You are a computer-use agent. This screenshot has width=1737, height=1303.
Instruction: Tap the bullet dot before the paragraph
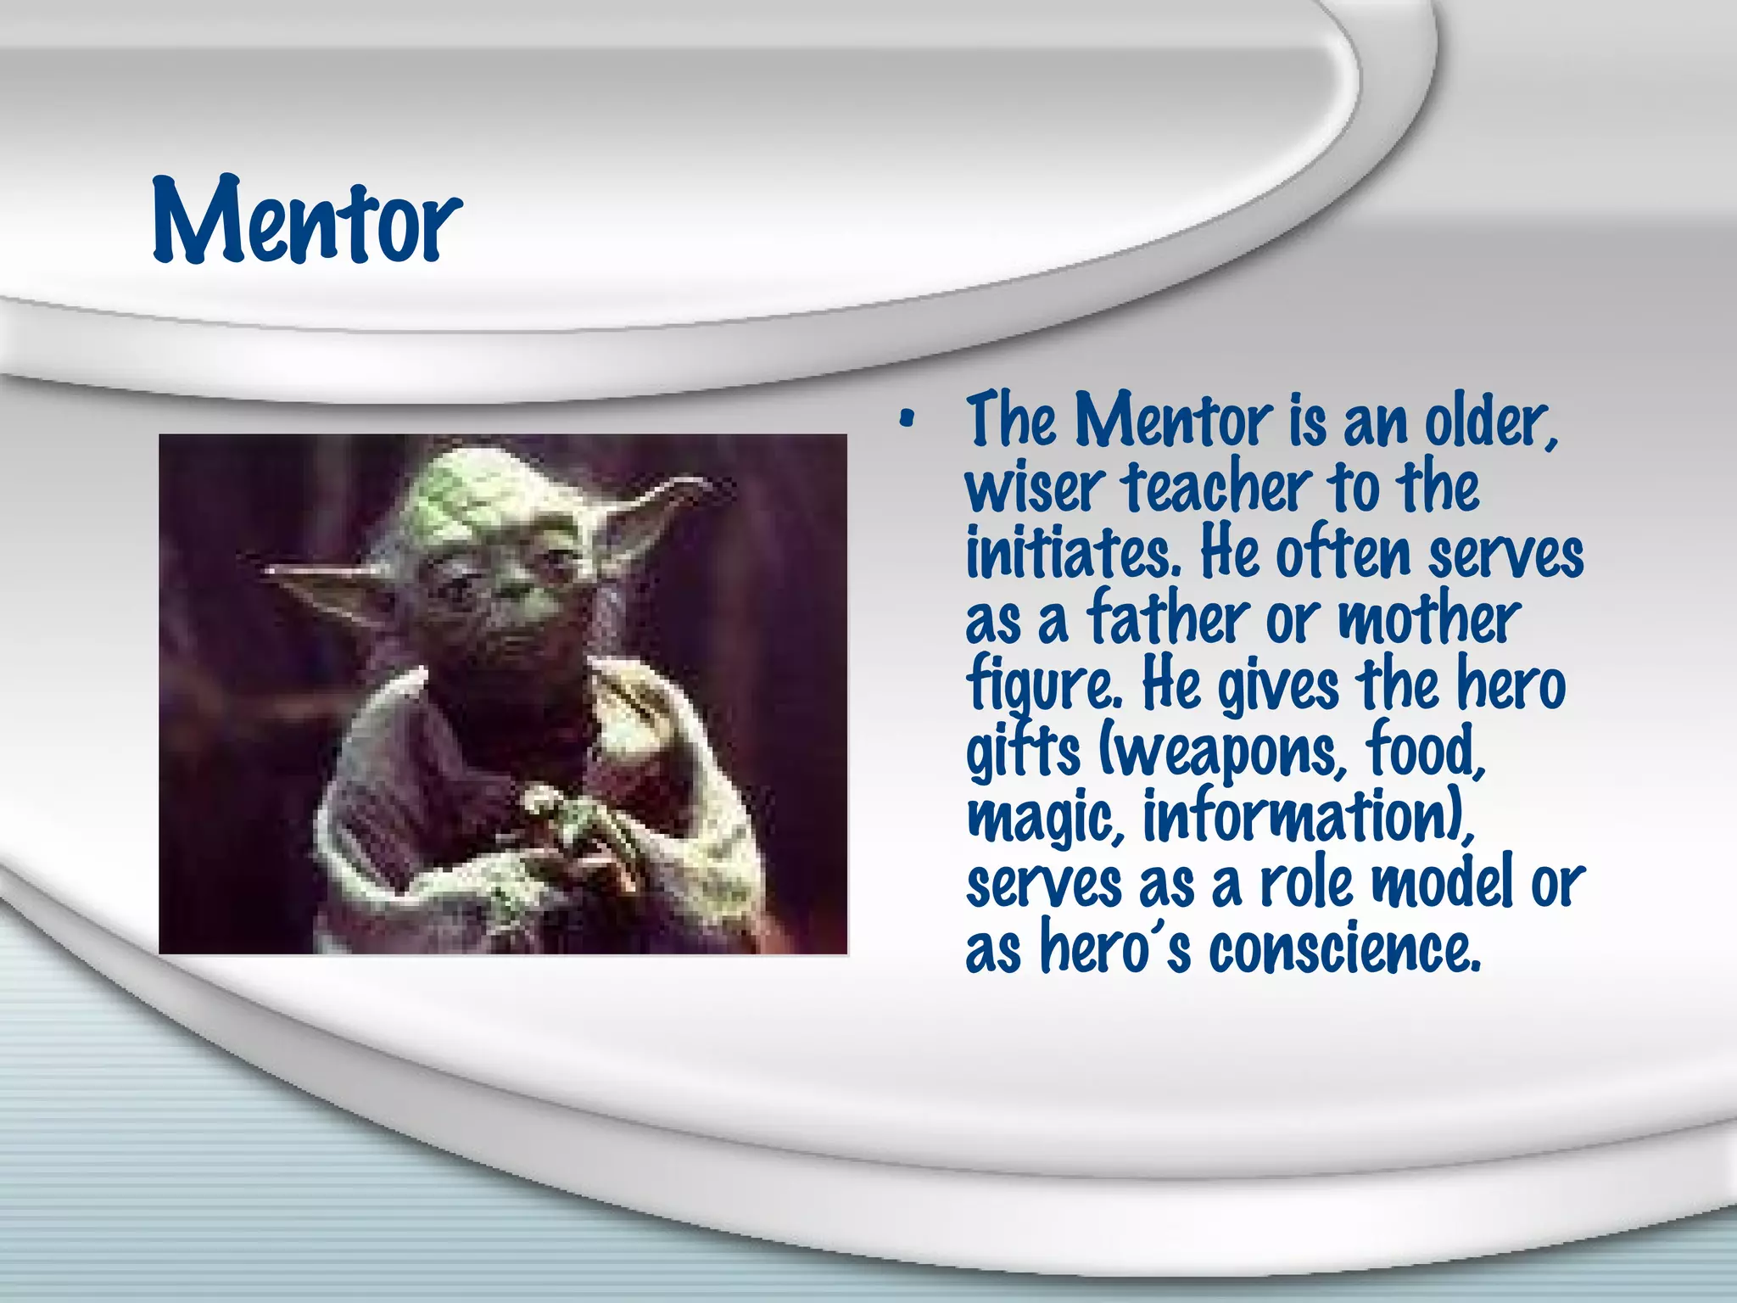tap(908, 418)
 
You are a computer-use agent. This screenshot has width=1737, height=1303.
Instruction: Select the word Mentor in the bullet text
tap(1173, 420)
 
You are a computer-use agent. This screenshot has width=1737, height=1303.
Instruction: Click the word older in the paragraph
tap(1489, 422)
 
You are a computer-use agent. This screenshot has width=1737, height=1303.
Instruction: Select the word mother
tap(1429, 618)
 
